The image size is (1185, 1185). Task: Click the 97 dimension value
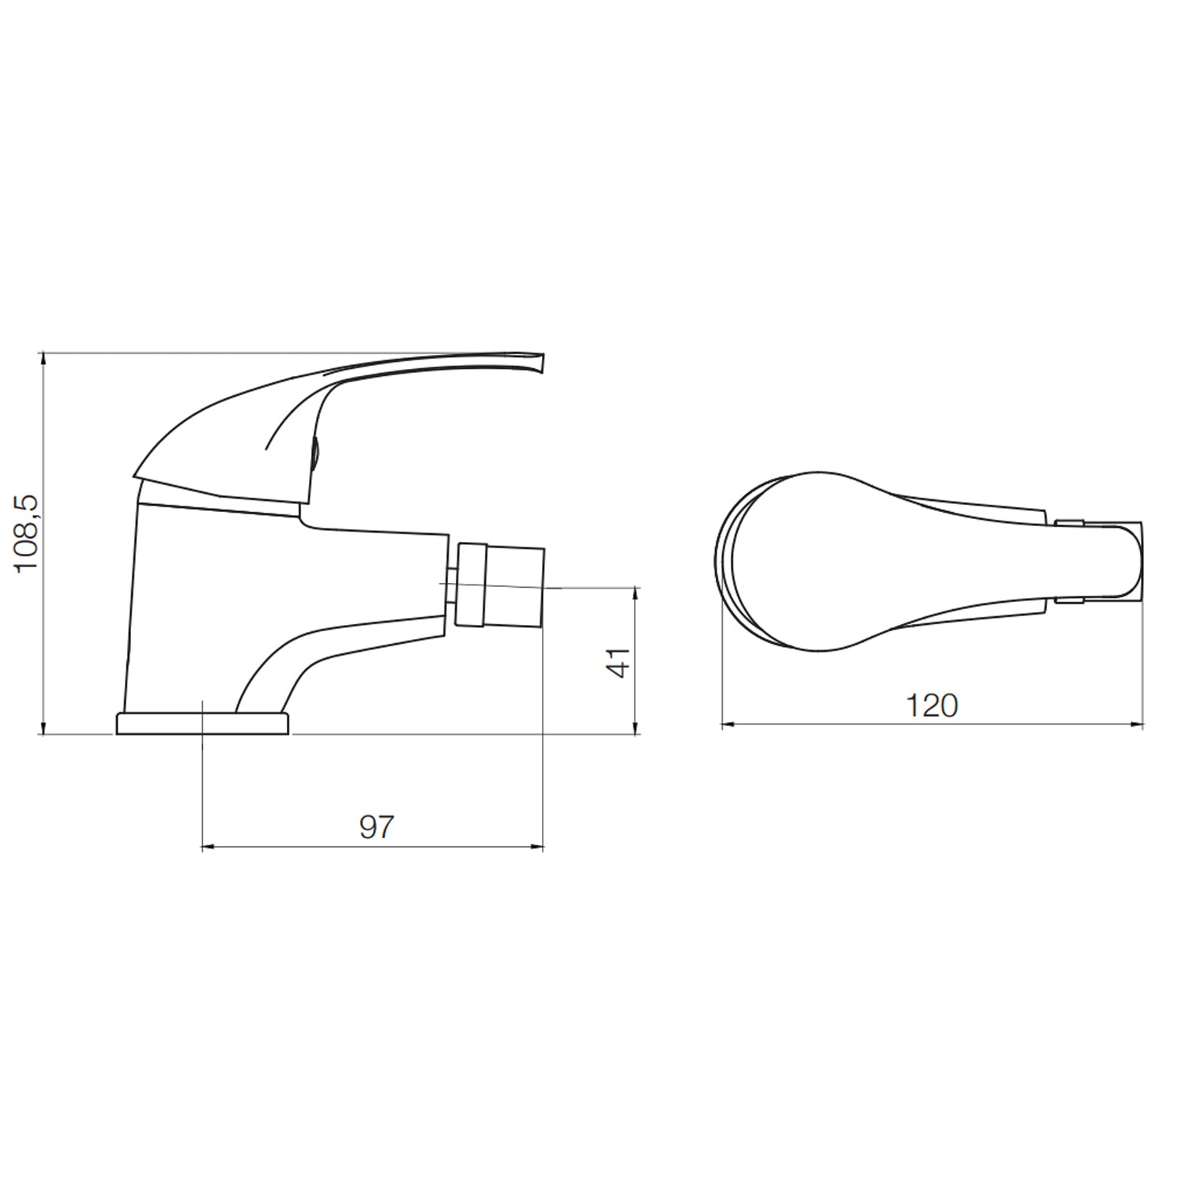[376, 827]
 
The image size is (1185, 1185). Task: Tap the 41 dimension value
[620, 661]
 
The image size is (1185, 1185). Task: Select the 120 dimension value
[931, 705]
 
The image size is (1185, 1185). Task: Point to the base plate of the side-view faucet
[203, 724]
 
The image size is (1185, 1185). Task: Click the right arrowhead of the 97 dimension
[537, 848]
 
